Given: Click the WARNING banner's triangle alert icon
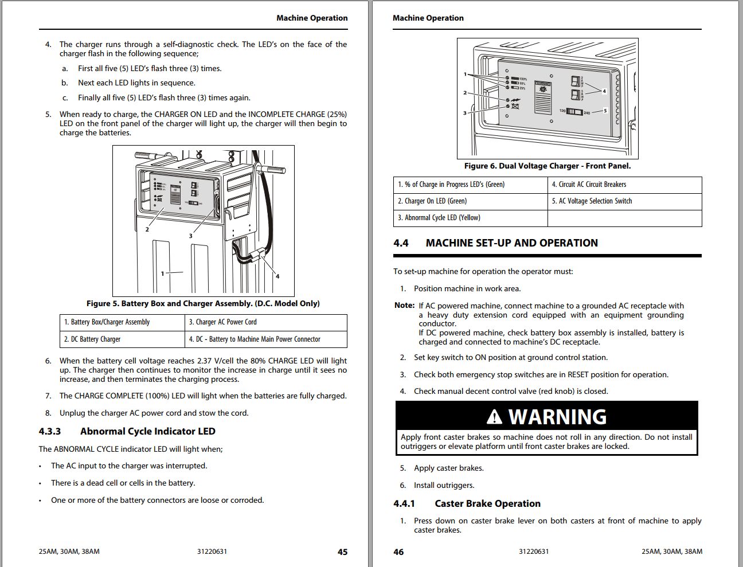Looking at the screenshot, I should [x=494, y=417].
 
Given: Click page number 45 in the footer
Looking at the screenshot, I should [x=342, y=552].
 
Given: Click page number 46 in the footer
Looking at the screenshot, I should [x=398, y=552].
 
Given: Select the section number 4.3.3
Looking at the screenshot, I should [x=50, y=431].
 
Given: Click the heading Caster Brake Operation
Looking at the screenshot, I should [x=487, y=503].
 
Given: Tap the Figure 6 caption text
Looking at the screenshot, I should [x=547, y=166].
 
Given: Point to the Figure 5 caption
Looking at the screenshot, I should [x=203, y=303].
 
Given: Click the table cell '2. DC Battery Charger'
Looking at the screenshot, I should [x=92, y=339].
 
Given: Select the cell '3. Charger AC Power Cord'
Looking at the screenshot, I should [x=223, y=322].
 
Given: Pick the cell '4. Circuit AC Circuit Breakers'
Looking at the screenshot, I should [x=589, y=185].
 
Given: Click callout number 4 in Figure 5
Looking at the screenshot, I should [x=277, y=276].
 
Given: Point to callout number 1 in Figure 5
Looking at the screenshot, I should [x=162, y=273].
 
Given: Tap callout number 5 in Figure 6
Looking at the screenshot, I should [x=605, y=111].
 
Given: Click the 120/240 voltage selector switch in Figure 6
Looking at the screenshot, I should [x=574, y=112].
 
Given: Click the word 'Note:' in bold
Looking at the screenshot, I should [x=404, y=306].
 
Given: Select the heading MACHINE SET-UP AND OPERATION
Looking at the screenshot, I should [x=511, y=243].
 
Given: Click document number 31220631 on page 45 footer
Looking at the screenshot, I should [x=212, y=552].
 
